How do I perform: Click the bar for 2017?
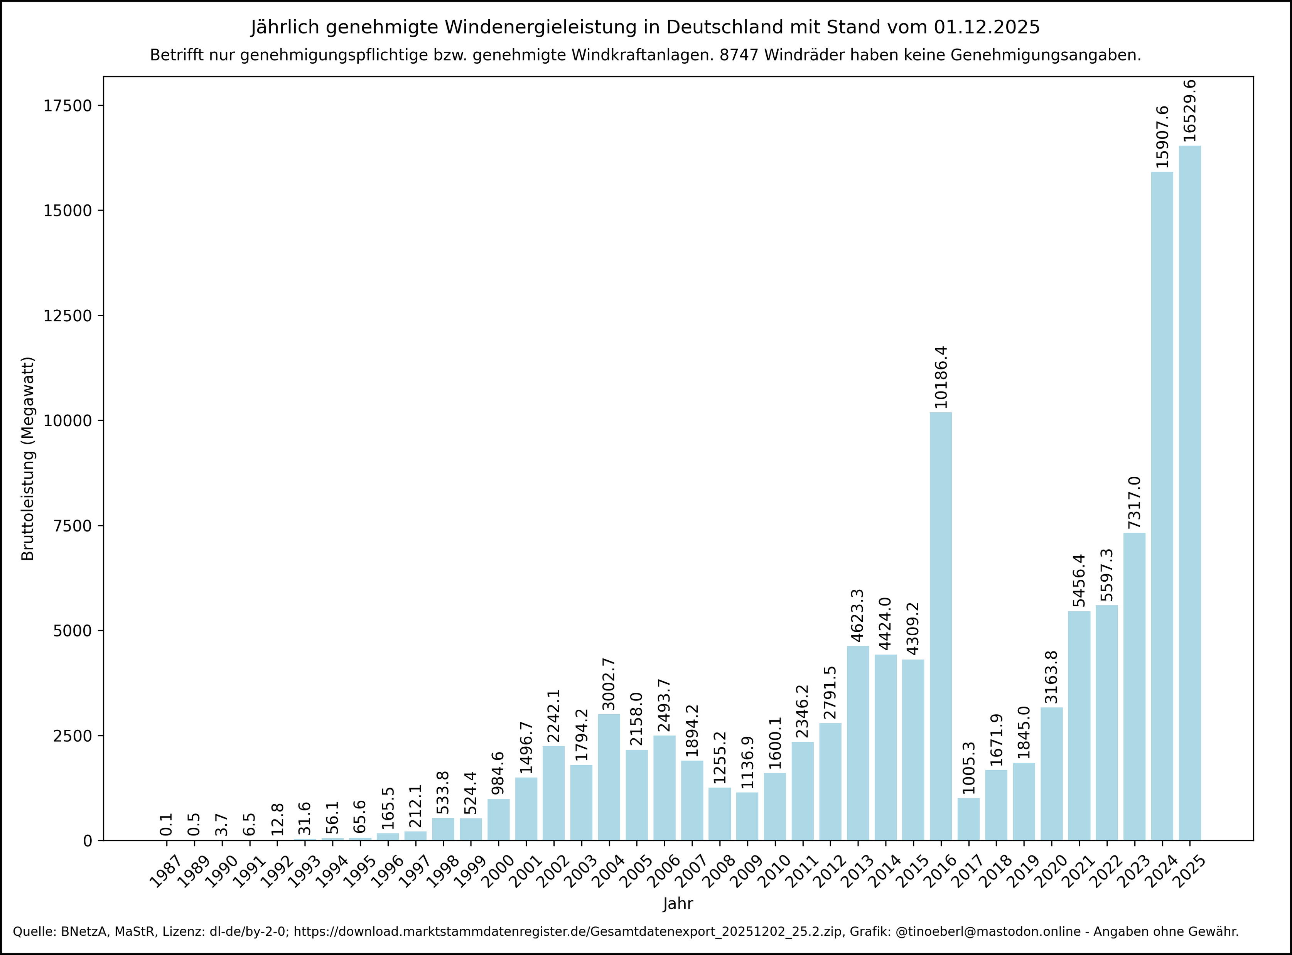[968, 819]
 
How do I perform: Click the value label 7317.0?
[1134, 502]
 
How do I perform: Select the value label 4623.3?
[858, 615]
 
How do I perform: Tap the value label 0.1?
[167, 824]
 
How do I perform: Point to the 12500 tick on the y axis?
[68, 316]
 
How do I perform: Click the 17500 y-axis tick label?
[68, 106]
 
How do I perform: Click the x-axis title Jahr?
[678, 904]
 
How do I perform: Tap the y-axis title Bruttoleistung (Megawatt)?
[28, 459]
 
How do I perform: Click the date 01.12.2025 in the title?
[986, 27]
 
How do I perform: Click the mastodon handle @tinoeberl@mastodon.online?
[987, 932]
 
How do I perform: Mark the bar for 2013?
[858, 743]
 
